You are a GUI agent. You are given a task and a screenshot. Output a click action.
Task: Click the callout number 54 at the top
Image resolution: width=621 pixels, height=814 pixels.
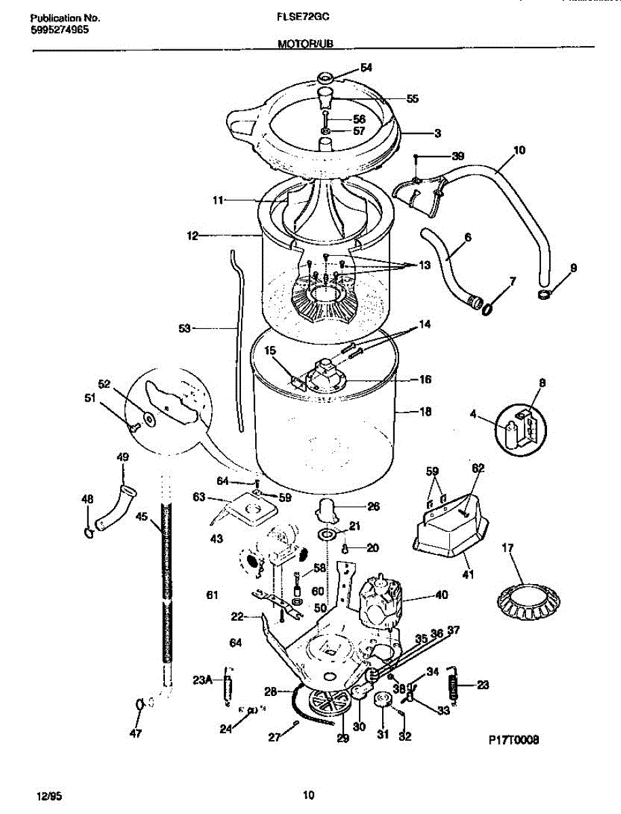coord(366,67)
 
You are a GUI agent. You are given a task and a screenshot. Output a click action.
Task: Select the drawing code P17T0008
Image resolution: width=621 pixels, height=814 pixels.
coord(512,741)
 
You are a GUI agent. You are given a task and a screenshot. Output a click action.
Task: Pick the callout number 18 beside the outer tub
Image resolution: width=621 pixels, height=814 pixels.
coord(426,411)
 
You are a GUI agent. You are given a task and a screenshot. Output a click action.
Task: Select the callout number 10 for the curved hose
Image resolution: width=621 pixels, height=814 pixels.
coord(519,149)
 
